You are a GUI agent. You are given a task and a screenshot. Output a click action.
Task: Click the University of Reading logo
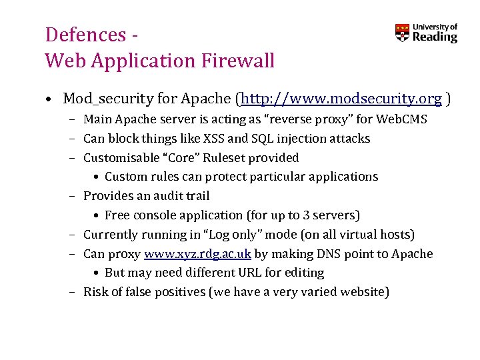(426, 33)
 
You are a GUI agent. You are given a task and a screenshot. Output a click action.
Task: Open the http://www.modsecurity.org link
(341, 99)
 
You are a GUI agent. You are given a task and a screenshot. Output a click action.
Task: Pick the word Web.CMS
(402, 119)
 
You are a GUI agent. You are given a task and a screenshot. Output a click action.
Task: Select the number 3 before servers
(311, 215)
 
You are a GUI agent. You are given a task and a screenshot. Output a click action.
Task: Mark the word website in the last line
(363, 292)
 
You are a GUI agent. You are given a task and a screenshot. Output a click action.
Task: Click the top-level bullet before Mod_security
(50, 100)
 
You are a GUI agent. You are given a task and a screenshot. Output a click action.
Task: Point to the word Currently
(109, 235)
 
